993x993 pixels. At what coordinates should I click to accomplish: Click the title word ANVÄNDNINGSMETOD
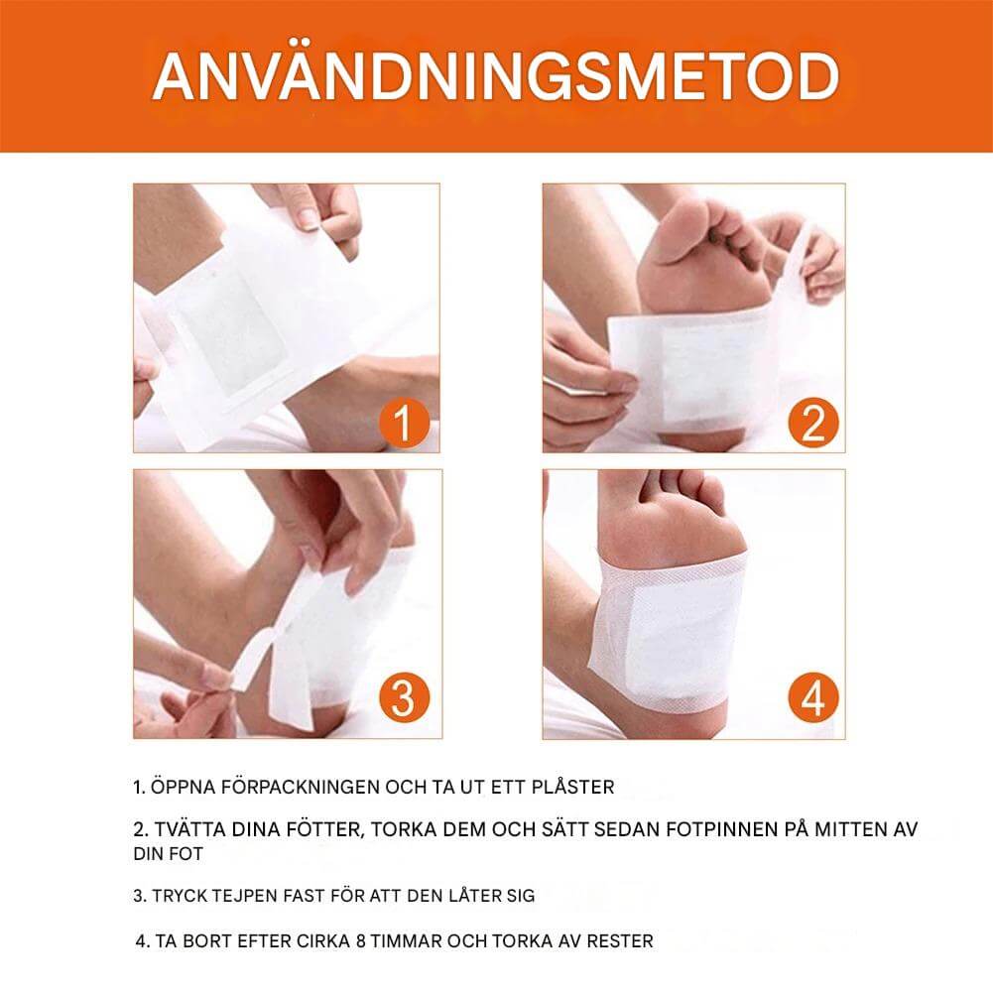(x=496, y=75)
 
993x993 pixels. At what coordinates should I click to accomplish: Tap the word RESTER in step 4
(x=618, y=940)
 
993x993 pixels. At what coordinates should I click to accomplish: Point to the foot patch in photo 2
(x=694, y=367)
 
